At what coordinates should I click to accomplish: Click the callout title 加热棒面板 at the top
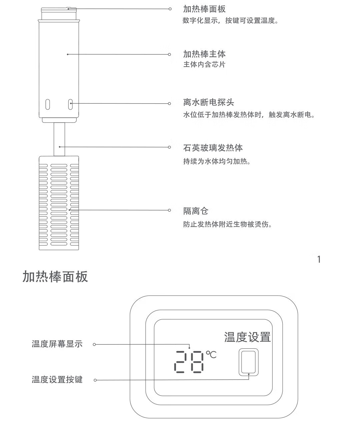click(x=204, y=9)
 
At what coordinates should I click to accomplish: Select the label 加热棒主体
click(x=204, y=54)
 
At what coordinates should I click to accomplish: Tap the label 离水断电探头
click(x=209, y=102)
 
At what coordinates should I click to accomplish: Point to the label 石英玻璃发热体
click(x=213, y=147)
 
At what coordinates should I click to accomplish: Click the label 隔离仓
click(x=196, y=211)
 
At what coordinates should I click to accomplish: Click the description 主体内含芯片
click(x=204, y=65)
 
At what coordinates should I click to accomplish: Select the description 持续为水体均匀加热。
click(x=217, y=161)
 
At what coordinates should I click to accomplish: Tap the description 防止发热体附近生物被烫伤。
click(x=228, y=224)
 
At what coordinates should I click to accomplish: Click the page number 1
click(x=319, y=259)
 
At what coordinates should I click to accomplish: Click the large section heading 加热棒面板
click(x=55, y=277)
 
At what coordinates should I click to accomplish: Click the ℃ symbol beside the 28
click(x=211, y=354)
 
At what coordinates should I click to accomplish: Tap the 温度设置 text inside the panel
click(x=247, y=337)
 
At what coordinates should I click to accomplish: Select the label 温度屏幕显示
click(x=57, y=344)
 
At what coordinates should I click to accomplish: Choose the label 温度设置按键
click(x=57, y=380)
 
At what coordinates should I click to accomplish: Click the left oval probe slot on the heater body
click(x=48, y=104)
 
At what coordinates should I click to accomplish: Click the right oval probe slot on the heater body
click(x=70, y=104)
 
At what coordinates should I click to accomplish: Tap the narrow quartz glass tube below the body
click(x=59, y=139)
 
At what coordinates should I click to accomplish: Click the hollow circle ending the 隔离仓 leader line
click(x=169, y=210)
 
